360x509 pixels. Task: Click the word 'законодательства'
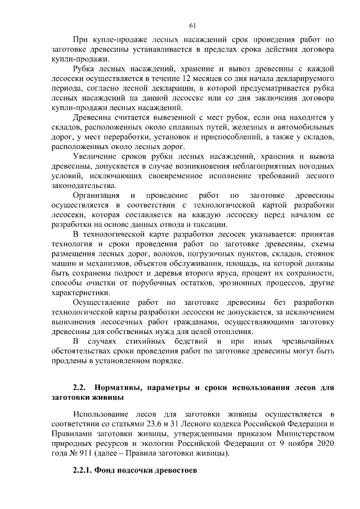click(83, 186)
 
